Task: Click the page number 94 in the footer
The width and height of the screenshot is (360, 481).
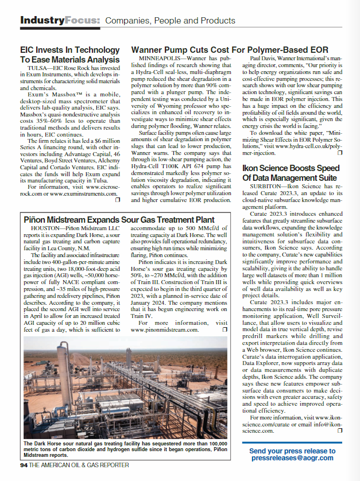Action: click(24, 465)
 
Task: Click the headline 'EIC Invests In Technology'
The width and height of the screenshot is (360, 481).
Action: click(69, 50)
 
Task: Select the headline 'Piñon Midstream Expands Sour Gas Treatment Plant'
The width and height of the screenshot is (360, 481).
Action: click(119, 220)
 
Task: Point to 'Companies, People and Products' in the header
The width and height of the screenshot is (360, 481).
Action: click(170, 21)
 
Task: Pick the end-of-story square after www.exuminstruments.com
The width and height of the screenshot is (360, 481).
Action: click(117, 200)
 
